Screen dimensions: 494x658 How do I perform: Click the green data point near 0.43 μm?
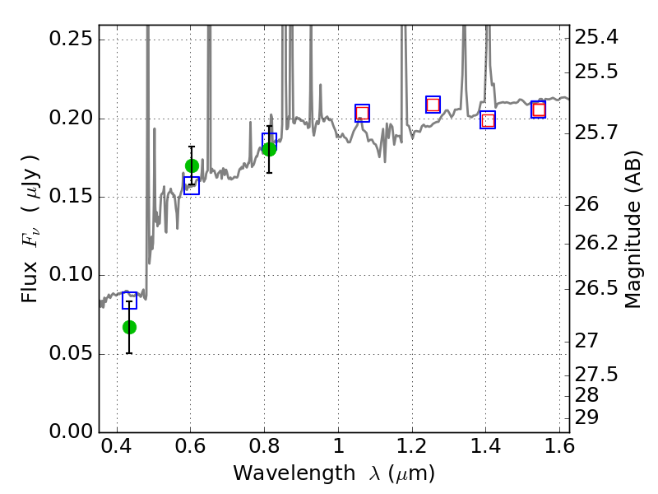tap(129, 327)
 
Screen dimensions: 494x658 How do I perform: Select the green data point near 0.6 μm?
tap(192, 165)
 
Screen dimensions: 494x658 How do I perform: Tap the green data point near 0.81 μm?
tap(269, 148)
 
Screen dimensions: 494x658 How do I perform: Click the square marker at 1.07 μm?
tap(362, 114)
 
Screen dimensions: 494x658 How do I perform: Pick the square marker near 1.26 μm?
tap(433, 105)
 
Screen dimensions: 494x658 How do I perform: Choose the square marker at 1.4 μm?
tap(488, 120)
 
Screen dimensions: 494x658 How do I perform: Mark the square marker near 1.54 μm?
tap(538, 110)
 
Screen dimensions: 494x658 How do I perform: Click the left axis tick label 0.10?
tap(72, 276)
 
